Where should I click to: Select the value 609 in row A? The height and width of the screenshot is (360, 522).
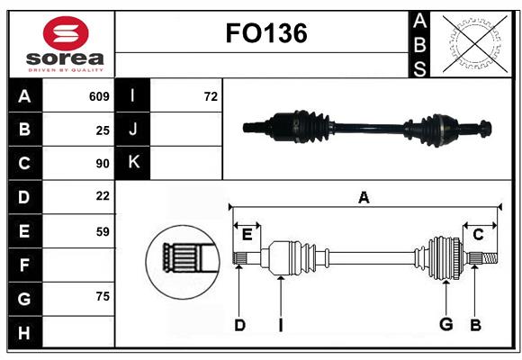[99, 96]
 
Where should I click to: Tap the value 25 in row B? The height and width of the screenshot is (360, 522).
[103, 130]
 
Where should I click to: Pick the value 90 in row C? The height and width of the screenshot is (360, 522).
[103, 164]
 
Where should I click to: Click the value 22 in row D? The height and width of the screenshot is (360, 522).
[103, 196]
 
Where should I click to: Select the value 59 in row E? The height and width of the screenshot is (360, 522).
[103, 230]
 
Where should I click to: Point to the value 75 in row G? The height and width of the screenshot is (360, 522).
[103, 297]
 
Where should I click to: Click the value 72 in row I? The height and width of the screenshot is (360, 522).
[211, 96]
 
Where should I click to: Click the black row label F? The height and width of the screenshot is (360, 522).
[24, 265]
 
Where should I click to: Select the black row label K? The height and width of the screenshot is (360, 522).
[133, 163]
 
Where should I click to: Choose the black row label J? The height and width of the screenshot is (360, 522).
[133, 130]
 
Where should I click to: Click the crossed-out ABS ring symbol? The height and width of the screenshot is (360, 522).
[473, 43]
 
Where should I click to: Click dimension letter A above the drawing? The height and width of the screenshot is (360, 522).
[364, 198]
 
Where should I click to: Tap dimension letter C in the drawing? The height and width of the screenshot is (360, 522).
[478, 234]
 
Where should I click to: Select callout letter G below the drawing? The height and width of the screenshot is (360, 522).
[445, 325]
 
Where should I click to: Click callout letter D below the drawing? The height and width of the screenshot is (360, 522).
[239, 325]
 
